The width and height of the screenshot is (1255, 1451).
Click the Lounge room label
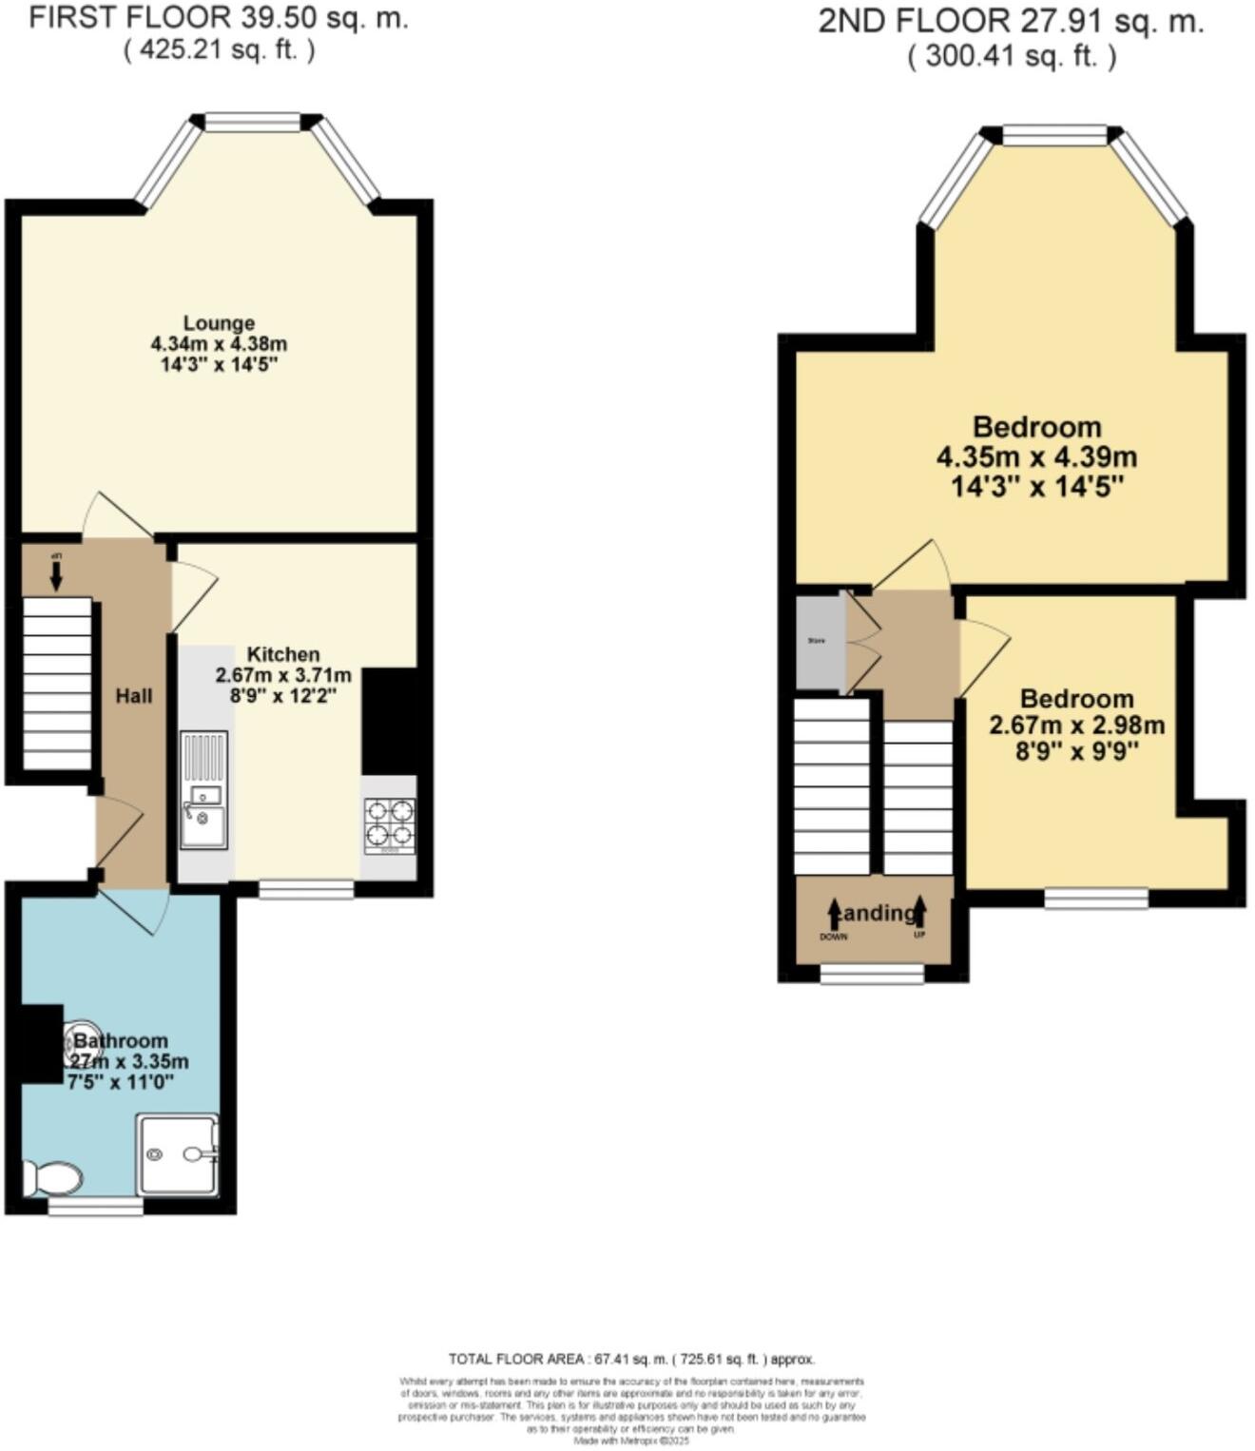[219, 323]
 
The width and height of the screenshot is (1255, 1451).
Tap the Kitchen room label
[283, 654]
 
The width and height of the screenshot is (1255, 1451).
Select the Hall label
[134, 696]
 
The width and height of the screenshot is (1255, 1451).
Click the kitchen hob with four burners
[390, 823]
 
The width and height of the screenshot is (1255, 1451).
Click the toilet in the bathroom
[53, 1179]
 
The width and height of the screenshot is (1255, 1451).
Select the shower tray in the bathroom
[178, 1154]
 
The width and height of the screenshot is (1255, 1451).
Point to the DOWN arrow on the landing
[834, 915]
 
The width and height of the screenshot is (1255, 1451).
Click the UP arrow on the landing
[919, 913]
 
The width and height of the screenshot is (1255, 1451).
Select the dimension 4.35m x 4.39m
[1036, 457]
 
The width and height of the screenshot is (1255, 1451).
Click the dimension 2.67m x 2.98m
[1076, 726]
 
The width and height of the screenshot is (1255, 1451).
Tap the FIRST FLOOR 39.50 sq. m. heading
[219, 17]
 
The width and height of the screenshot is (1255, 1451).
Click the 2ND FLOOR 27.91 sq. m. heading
[1011, 22]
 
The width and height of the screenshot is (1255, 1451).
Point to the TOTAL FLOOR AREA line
[631, 1359]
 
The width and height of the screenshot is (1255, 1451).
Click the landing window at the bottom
[872, 974]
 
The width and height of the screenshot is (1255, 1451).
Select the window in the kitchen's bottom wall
[306, 889]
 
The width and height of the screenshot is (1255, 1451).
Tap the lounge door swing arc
[114, 515]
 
